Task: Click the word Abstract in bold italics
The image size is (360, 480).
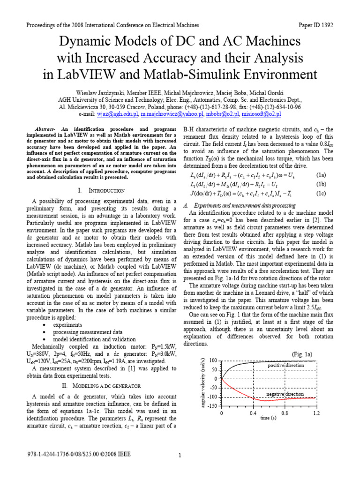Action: pyautogui.click(x=45, y=129)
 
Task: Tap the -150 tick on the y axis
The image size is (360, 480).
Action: pyautogui.click(x=213, y=405)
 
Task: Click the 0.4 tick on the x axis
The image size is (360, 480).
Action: pyautogui.click(x=253, y=413)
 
